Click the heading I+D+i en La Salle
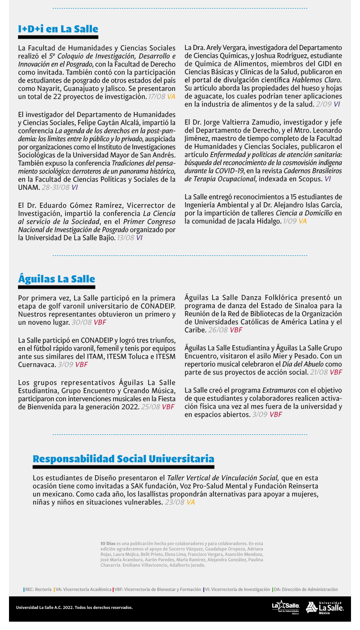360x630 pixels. point(58,29)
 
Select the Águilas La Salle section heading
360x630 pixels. point(56,279)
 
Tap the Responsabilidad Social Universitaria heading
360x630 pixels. point(123,459)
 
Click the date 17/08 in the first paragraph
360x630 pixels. point(157,97)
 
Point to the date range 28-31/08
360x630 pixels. point(55,188)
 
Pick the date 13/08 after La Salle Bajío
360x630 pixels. point(126,238)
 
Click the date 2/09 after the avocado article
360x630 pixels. point(323,104)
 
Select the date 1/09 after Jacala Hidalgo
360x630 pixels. point(290,221)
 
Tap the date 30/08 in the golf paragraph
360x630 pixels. point(81,322)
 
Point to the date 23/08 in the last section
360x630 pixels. point(175,502)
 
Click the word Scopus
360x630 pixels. point(310,179)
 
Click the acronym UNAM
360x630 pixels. point(29,188)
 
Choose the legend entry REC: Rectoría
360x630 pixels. point(38,589)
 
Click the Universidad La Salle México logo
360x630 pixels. point(325,608)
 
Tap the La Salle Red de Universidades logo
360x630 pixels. point(286,607)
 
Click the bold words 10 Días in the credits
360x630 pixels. point(108,544)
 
